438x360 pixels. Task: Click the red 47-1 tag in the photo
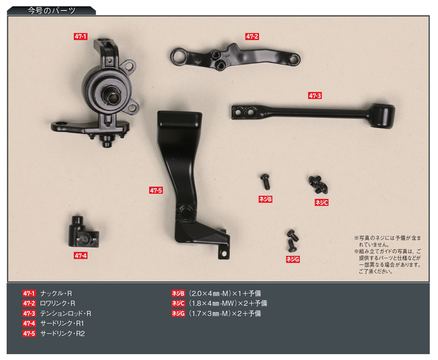[x=81, y=36]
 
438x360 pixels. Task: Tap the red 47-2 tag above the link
[x=252, y=36]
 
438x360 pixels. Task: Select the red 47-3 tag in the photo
[x=315, y=96]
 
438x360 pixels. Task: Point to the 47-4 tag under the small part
[x=81, y=256]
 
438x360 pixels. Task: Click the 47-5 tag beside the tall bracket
[x=156, y=190]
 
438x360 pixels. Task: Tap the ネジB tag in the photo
[x=265, y=199]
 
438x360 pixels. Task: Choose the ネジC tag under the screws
[x=321, y=203]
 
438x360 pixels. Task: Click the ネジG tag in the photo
[x=293, y=259]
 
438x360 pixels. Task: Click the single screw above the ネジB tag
[x=265, y=181]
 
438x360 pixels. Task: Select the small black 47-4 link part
[x=83, y=232]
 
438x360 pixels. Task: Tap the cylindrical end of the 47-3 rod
[x=384, y=116]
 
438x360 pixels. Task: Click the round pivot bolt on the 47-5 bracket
[x=185, y=212]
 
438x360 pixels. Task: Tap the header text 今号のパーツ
[x=51, y=11]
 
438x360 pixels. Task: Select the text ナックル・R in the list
[x=56, y=293]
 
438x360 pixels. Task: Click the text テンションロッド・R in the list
[x=66, y=314]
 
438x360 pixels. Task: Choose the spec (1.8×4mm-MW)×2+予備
[x=228, y=303]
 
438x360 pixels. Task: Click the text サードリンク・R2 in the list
[x=62, y=334]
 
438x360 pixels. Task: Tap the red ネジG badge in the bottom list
[x=178, y=314]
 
